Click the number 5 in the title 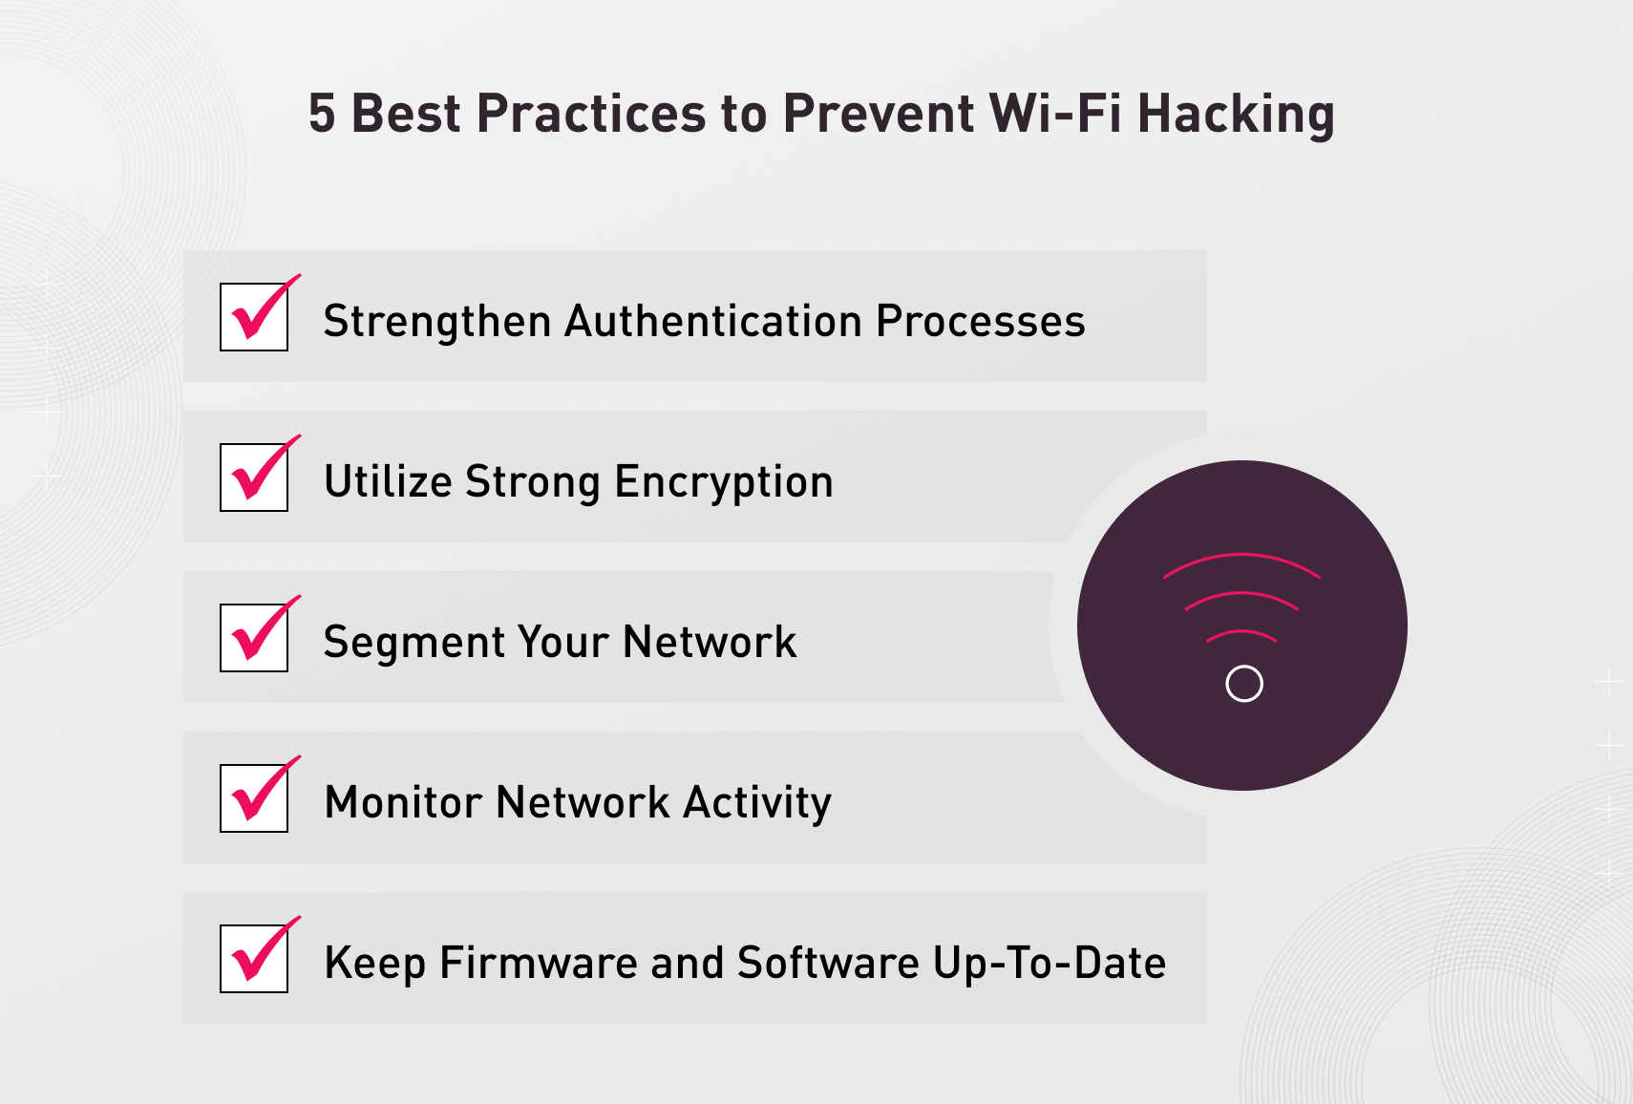[x=322, y=114]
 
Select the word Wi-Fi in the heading [x=1054, y=114]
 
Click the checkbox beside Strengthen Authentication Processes [x=254, y=317]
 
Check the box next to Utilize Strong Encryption [x=254, y=478]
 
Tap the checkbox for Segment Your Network [x=254, y=638]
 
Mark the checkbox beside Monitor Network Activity [x=254, y=798]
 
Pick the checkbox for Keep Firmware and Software [x=254, y=959]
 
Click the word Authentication [x=714, y=321]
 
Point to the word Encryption [x=724, y=482]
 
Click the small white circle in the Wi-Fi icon [x=1243, y=684]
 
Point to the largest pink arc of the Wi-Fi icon [x=1241, y=556]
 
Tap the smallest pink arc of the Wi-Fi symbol [x=1241, y=632]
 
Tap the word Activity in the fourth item [x=757, y=803]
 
